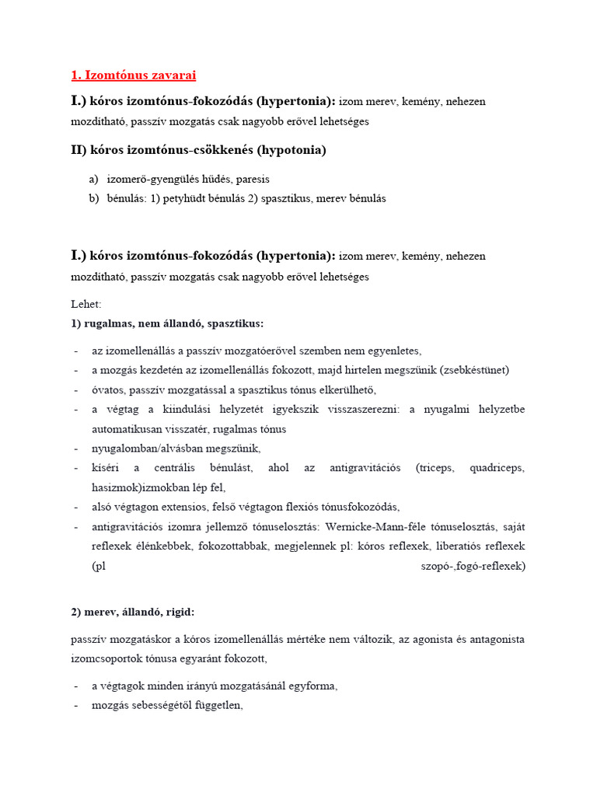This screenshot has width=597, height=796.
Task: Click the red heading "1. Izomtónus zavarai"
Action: [x=134, y=75]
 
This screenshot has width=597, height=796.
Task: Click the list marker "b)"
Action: [x=94, y=198]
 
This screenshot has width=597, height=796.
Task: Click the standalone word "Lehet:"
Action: [x=86, y=304]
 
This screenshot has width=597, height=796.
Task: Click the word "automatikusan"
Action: [x=128, y=429]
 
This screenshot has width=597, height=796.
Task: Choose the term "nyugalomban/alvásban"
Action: [x=148, y=449]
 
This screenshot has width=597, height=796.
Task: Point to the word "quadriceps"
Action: [x=496, y=468]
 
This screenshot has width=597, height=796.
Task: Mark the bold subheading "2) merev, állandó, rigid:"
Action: [x=138, y=612]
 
